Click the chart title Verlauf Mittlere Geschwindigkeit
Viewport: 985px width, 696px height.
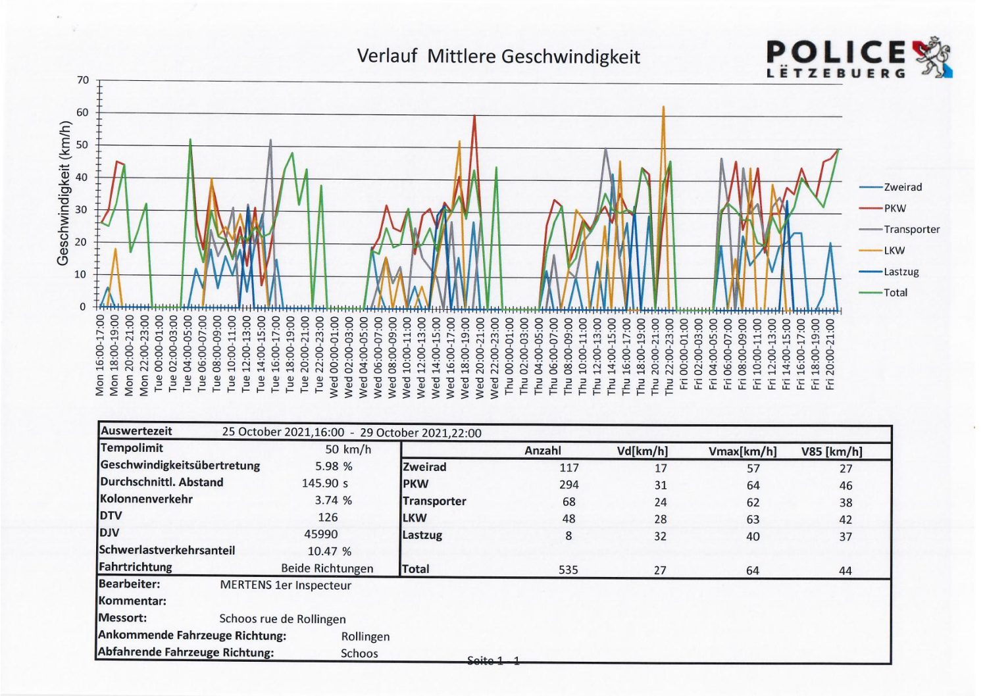498,57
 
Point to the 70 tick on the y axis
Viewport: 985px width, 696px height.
83,80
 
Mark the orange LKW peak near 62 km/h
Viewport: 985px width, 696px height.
663,107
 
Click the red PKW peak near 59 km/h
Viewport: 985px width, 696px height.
474,115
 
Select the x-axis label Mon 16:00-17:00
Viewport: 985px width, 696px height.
100,355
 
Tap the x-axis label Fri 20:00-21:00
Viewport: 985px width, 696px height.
830,355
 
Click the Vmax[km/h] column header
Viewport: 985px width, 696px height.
743,451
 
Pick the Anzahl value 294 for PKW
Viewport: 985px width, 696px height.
568,485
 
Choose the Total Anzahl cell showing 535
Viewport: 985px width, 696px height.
568,570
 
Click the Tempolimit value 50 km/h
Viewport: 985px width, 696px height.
348,449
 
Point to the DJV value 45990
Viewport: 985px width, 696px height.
321,534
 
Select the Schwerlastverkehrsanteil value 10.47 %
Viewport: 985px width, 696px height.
330,551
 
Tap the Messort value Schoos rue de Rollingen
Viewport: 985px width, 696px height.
282,619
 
